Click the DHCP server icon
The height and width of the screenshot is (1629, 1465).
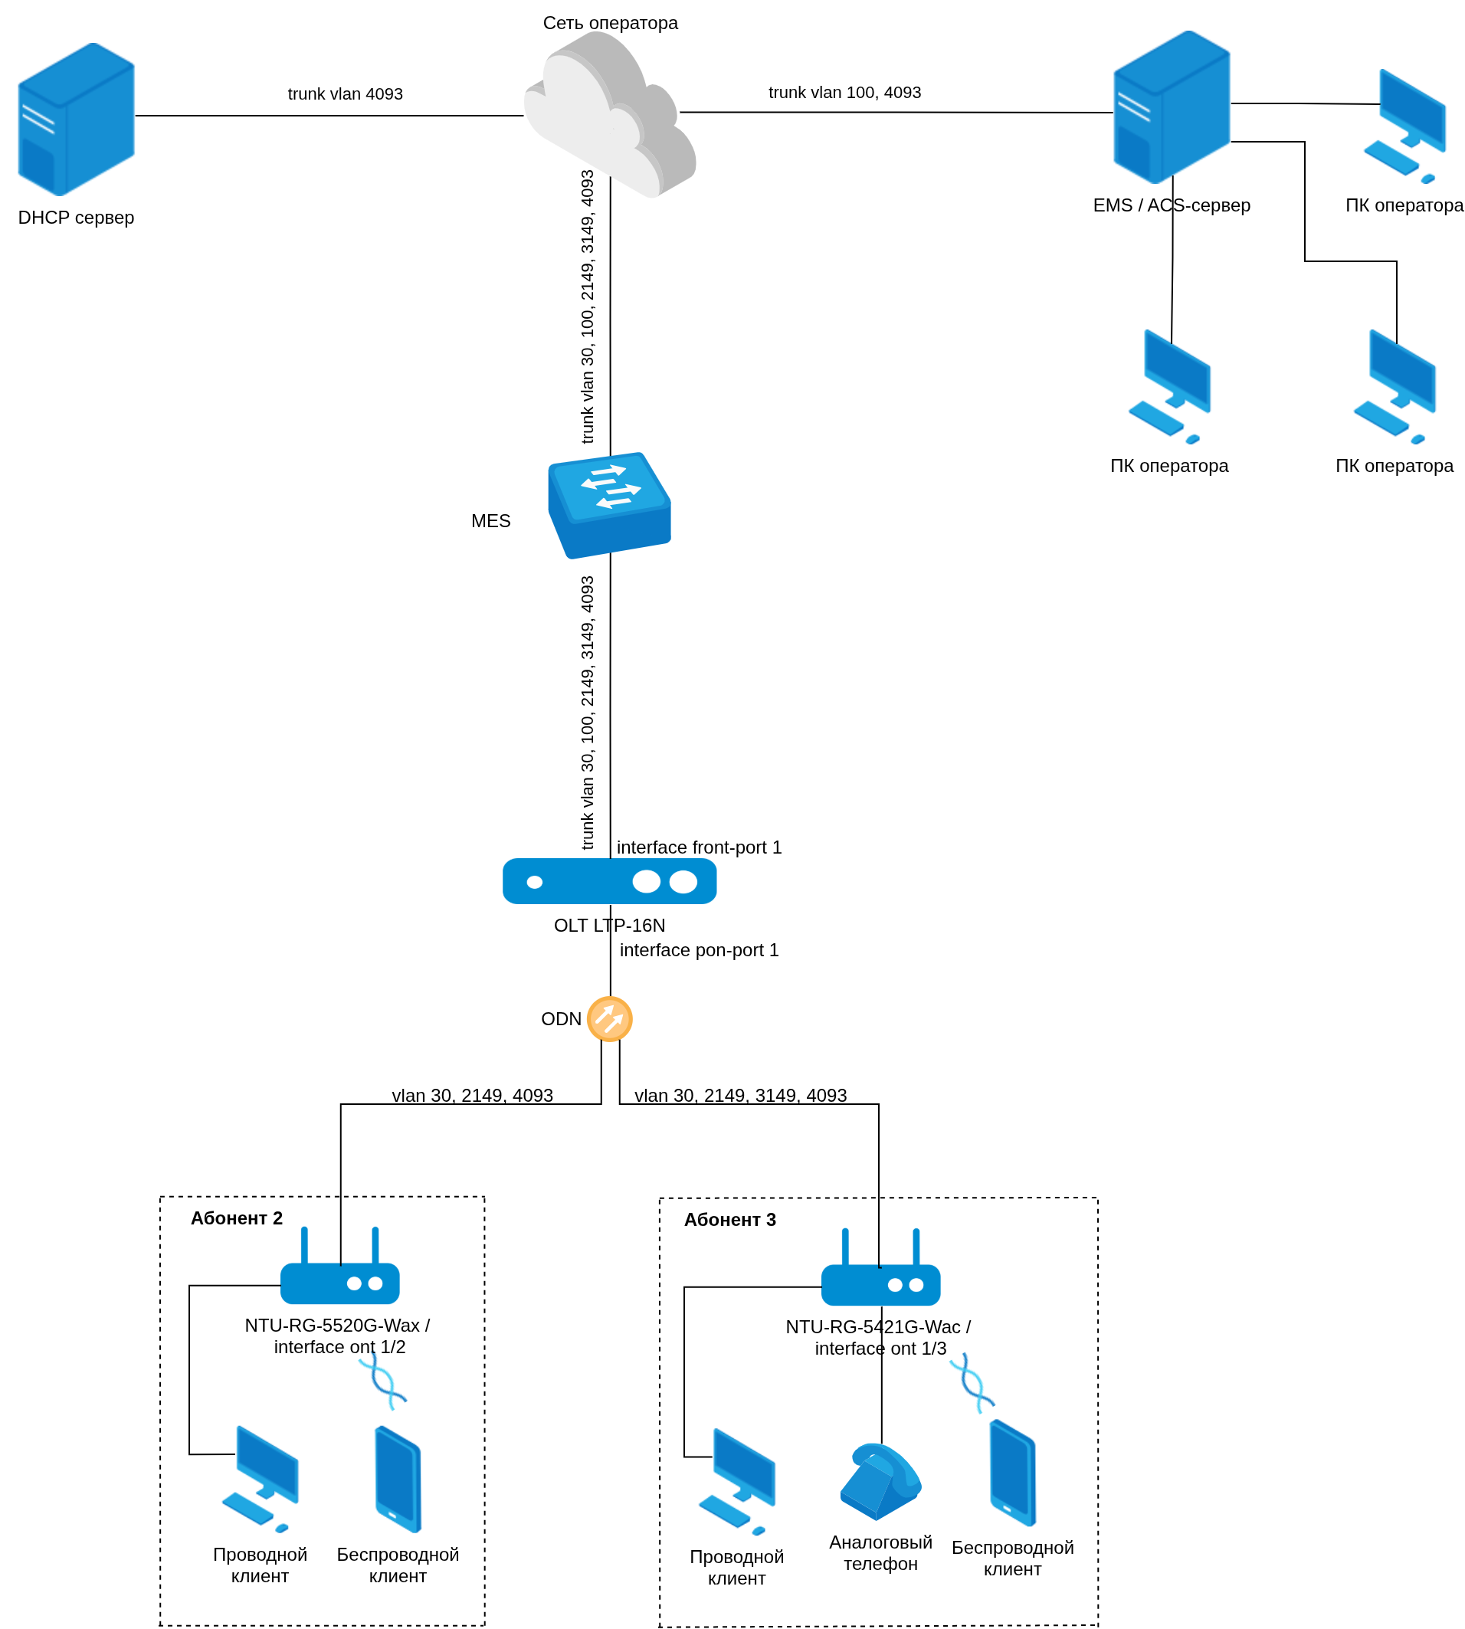(x=77, y=119)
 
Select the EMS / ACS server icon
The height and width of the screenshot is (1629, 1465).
(x=1172, y=108)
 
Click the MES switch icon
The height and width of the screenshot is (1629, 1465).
(x=609, y=505)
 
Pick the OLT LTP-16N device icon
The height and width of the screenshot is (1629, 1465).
(x=609, y=881)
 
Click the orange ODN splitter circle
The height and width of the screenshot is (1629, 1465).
(x=609, y=1019)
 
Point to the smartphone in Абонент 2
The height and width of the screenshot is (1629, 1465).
(x=398, y=1479)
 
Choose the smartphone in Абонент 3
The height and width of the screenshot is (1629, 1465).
(x=1012, y=1472)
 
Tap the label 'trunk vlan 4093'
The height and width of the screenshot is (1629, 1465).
(x=346, y=94)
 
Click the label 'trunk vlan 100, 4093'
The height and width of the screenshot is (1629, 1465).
(x=844, y=93)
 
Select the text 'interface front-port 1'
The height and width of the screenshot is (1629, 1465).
(x=699, y=847)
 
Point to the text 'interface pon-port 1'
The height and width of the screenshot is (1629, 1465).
(x=699, y=951)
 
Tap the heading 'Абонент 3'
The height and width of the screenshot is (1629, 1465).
(x=729, y=1220)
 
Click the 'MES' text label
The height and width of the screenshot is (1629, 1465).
(x=490, y=522)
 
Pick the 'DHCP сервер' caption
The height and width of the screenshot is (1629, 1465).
(x=77, y=218)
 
